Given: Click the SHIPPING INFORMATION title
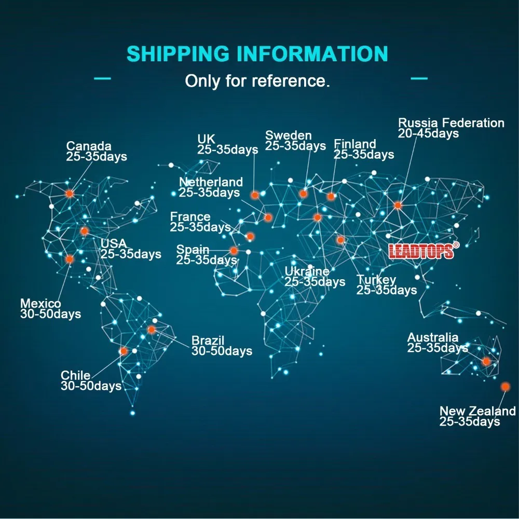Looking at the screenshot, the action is [x=257, y=54].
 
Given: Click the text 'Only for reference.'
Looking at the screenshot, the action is [x=257, y=81].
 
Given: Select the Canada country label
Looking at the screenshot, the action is [x=89, y=146].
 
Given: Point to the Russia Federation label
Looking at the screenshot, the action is [x=451, y=123].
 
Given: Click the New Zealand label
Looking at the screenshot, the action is [x=477, y=411].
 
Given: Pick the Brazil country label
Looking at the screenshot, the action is [x=208, y=341].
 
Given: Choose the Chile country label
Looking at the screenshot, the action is [x=75, y=375].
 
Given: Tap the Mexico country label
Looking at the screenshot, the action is [x=40, y=304].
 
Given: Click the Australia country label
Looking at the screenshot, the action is [x=432, y=338].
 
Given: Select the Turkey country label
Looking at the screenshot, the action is [x=376, y=280].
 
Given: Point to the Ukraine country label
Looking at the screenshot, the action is [x=306, y=271].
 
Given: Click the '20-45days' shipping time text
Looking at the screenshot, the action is [x=428, y=133].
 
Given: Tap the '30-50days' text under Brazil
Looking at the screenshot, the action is [x=222, y=351].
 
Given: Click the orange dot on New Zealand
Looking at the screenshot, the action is [x=506, y=387].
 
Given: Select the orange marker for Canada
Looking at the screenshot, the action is [x=70, y=193].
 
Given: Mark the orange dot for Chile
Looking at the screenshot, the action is [x=124, y=351].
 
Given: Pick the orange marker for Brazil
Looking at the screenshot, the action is [x=151, y=329].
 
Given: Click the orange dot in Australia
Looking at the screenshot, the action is [x=486, y=361].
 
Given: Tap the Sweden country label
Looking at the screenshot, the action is [x=288, y=135].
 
